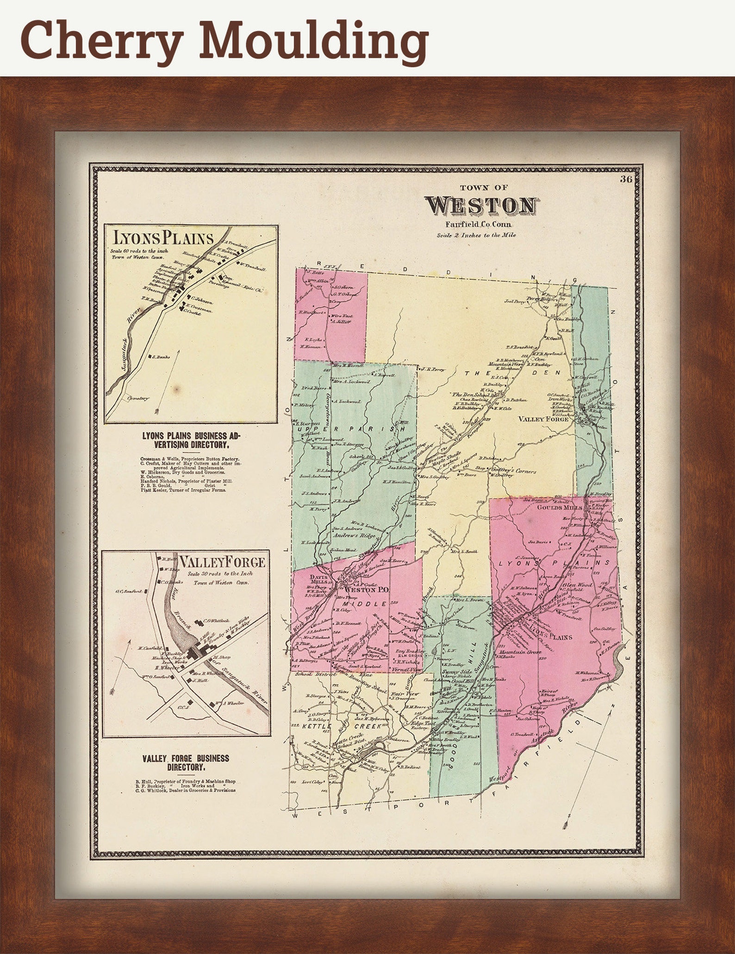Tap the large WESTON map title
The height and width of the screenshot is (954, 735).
pyautogui.click(x=482, y=206)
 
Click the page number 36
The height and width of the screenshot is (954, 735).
pyautogui.click(x=626, y=180)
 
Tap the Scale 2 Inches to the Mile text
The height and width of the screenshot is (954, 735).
pyautogui.click(x=476, y=235)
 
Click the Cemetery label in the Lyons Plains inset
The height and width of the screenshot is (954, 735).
pyautogui.click(x=137, y=398)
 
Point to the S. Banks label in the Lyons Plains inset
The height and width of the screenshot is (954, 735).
pyautogui.click(x=162, y=356)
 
